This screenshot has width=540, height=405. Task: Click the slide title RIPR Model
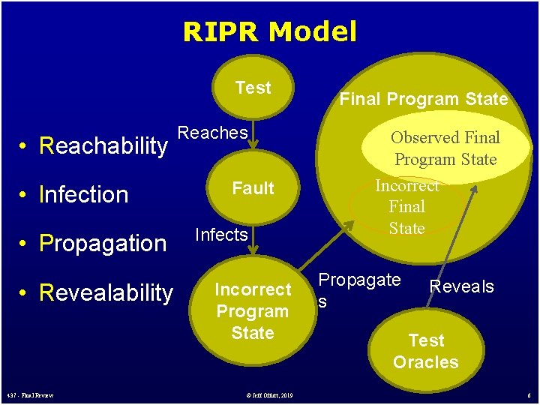(x=269, y=31)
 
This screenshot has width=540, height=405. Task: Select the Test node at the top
(x=253, y=88)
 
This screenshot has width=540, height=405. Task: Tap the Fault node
(x=253, y=188)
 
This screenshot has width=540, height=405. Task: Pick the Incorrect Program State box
(x=253, y=310)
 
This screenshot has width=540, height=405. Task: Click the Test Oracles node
(x=426, y=351)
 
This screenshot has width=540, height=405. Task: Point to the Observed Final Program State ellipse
(x=445, y=148)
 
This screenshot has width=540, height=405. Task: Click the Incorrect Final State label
(x=407, y=206)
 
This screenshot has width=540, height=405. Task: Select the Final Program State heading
(x=424, y=99)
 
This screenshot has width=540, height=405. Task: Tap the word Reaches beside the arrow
(x=213, y=133)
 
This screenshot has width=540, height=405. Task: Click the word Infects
(x=221, y=235)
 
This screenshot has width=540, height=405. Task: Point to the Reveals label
(x=461, y=286)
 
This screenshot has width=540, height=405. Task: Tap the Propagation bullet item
(x=94, y=244)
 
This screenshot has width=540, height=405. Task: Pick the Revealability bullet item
(x=97, y=292)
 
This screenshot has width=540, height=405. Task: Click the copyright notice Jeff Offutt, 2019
(x=269, y=395)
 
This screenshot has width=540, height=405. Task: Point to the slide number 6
(x=529, y=395)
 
